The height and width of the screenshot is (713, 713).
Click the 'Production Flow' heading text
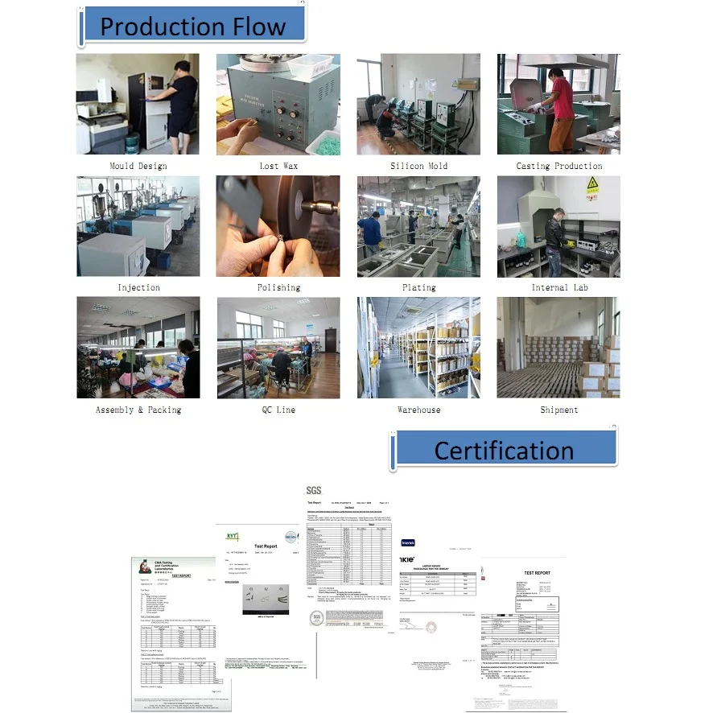click(192, 27)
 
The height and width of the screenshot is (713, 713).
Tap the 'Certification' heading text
click(504, 450)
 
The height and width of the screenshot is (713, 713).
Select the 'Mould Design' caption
click(138, 166)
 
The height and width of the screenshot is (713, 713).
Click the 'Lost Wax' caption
click(278, 166)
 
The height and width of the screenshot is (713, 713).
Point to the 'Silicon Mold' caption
click(418, 166)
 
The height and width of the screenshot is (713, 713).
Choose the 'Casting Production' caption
click(559, 166)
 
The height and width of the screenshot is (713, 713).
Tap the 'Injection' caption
click(138, 287)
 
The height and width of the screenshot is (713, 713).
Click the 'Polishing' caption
click(278, 287)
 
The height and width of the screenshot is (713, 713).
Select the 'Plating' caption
click(418, 287)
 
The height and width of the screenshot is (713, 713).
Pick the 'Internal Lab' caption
click(559, 287)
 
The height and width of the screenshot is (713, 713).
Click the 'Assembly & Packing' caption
click(138, 410)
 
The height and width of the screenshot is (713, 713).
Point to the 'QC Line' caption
click(278, 410)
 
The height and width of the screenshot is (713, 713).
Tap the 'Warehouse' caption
click(418, 410)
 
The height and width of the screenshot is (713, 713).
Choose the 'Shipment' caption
click(559, 410)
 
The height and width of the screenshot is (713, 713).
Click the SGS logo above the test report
click(314, 490)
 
